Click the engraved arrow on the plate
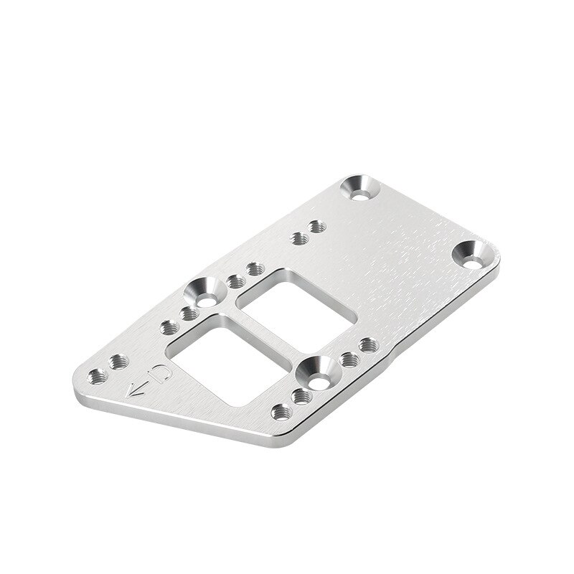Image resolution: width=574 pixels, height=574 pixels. pos(136,390)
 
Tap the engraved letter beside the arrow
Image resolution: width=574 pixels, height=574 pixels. pos(161,372)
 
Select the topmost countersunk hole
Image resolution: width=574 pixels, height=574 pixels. pos(360,188)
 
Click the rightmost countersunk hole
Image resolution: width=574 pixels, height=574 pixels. pos(473,255)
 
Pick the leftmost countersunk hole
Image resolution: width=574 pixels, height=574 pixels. pos(204,293)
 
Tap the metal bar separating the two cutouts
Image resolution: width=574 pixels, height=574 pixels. pos(262,333)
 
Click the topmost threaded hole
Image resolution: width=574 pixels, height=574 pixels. pos(316,226)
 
